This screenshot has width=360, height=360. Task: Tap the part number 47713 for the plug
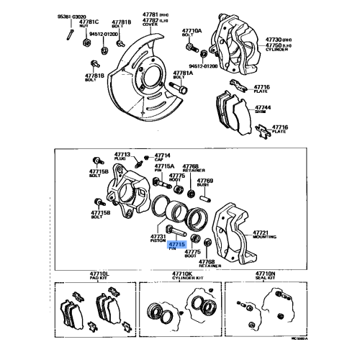click(x=122, y=154)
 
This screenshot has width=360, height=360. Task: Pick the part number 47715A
click(x=165, y=166)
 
